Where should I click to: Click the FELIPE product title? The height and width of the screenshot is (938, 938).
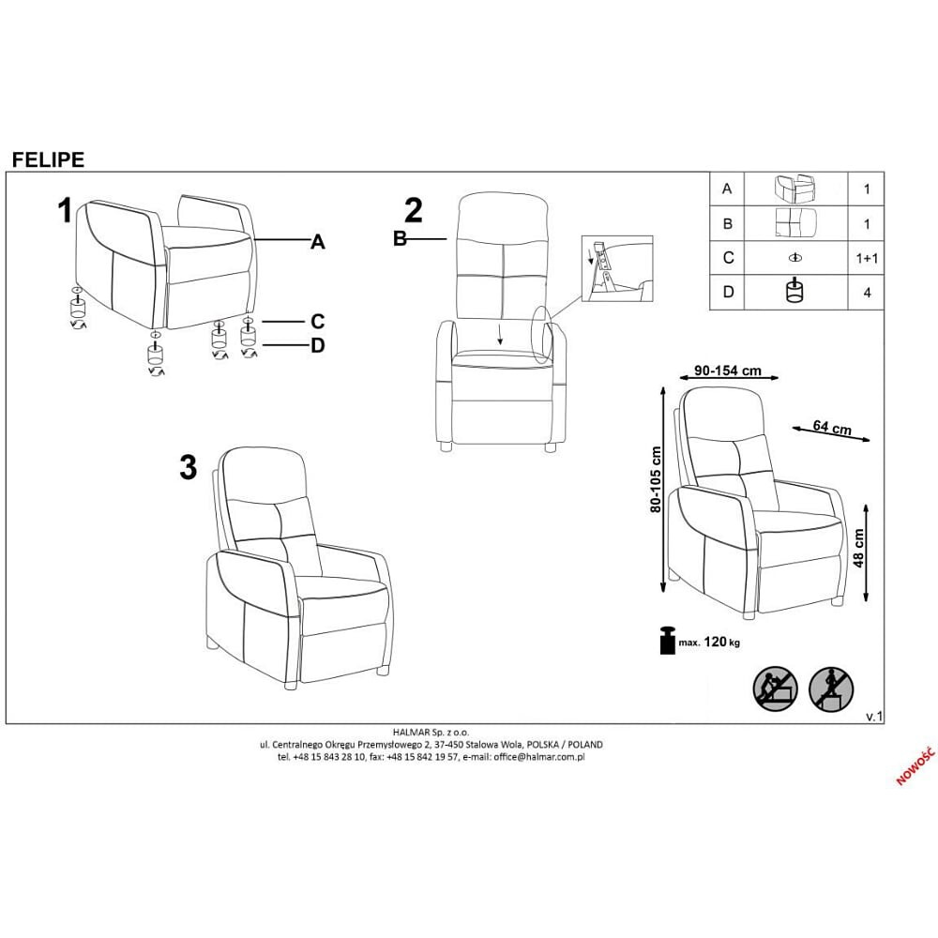[x=49, y=159]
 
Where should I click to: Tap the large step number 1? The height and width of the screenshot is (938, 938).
[x=65, y=210]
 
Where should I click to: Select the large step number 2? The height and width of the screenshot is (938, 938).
[x=414, y=210]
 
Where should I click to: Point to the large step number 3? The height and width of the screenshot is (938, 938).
[x=189, y=467]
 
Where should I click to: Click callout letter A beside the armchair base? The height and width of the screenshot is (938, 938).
[x=318, y=242]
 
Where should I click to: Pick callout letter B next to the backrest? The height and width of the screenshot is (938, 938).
[x=400, y=238]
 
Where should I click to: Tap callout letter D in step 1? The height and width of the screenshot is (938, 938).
[x=318, y=345]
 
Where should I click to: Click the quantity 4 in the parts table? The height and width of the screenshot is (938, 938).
[x=867, y=293]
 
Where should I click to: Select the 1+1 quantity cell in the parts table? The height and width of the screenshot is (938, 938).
[x=867, y=259]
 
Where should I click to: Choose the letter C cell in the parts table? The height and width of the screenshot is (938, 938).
[x=728, y=258]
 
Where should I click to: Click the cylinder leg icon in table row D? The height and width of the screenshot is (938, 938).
[x=794, y=290]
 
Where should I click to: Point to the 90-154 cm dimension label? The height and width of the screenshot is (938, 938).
[x=728, y=371]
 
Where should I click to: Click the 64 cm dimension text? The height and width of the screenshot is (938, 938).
[x=832, y=427]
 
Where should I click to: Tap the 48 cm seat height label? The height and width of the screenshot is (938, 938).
[x=858, y=548]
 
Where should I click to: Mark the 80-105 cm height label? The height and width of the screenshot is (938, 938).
[x=656, y=479]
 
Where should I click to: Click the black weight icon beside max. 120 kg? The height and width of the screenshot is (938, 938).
[x=667, y=640]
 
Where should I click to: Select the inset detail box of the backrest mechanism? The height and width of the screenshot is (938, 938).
[x=617, y=268]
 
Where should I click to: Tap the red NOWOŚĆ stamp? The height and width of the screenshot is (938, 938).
[x=915, y=765]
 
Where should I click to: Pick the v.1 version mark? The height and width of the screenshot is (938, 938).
[x=874, y=717]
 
